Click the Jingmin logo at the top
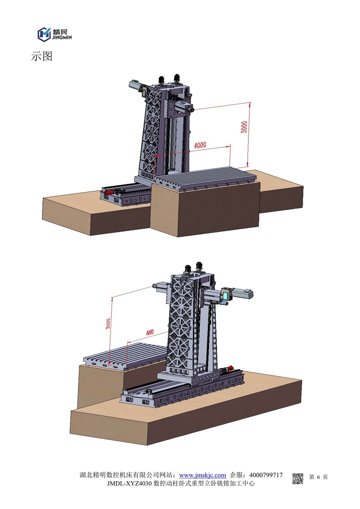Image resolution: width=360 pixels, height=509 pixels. click(x=54, y=34)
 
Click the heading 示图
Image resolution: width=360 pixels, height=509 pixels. click(x=41, y=57)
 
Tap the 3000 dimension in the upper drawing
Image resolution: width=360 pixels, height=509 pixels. click(x=244, y=127)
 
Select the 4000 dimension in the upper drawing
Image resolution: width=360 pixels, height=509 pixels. click(x=200, y=145)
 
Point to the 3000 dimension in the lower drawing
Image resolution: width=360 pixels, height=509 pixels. click(x=108, y=324)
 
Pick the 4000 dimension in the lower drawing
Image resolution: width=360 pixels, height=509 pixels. click(x=150, y=332)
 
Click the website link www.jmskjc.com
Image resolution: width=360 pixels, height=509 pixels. click(x=202, y=475)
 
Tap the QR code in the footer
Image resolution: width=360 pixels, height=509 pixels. click(x=297, y=479)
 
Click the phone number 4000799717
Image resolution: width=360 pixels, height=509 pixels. click(x=266, y=475)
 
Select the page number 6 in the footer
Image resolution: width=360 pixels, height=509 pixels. click(x=319, y=477)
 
